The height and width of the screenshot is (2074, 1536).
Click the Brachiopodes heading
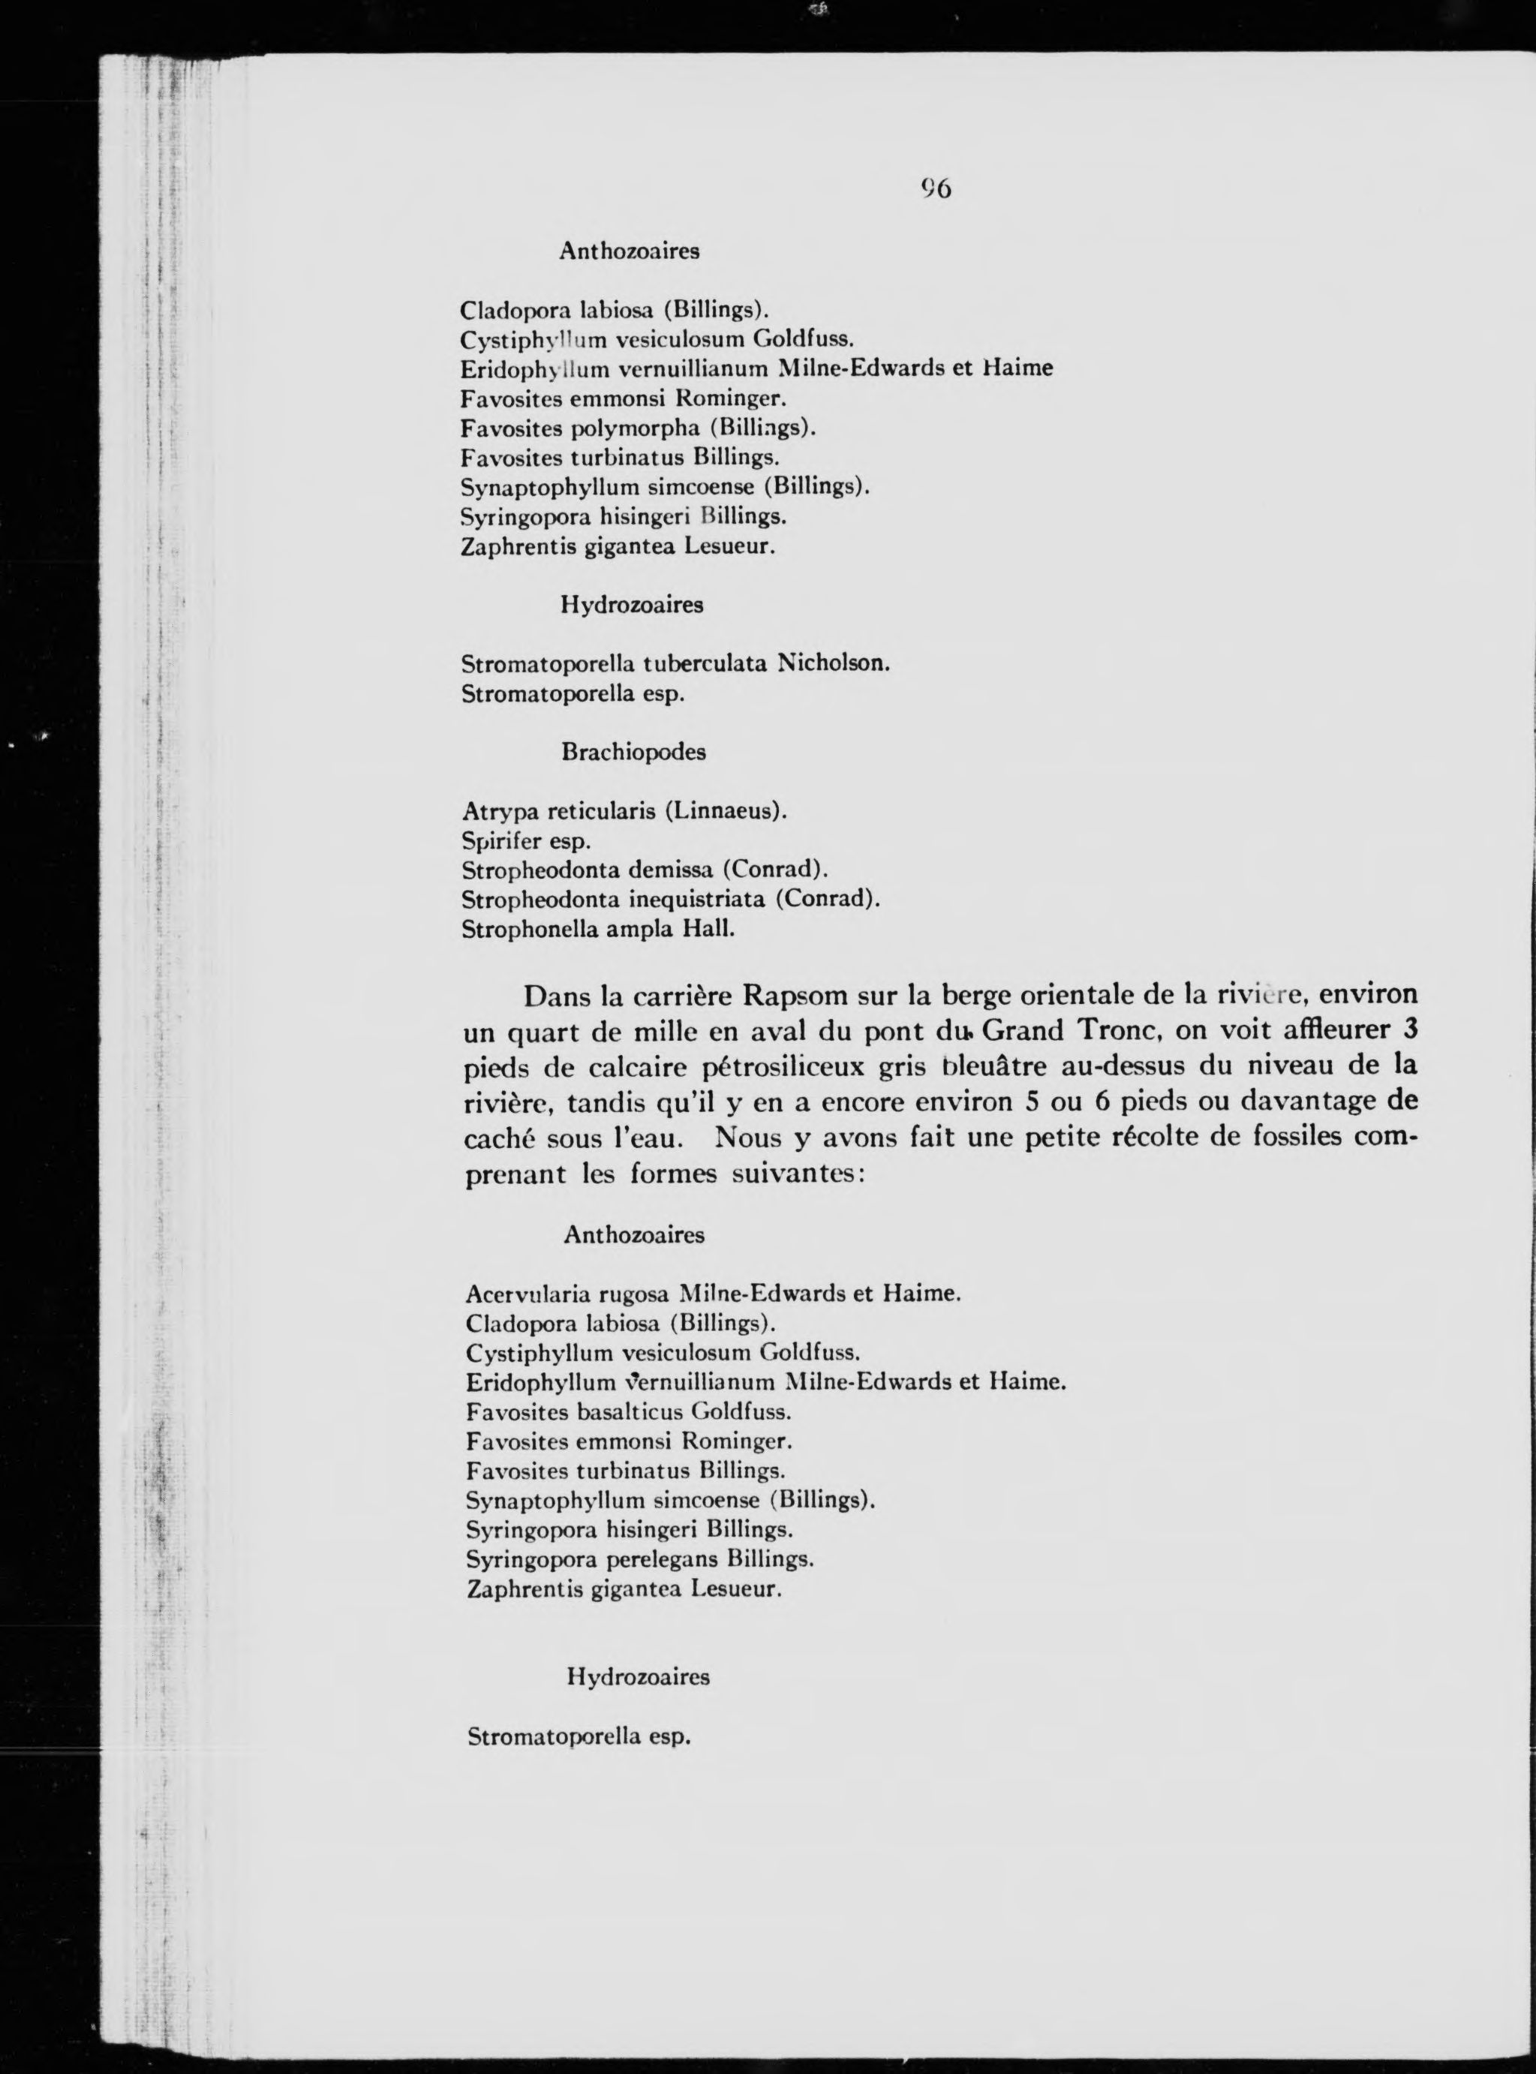click(x=633, y=752)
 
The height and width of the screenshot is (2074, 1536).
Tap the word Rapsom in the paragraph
click(x=795, y=996)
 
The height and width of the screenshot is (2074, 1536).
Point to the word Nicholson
click(x=833, y=664)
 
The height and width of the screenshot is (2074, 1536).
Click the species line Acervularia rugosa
click(x=712, y=1293)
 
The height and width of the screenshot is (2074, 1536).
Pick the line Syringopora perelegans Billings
click(x=640, y=1559)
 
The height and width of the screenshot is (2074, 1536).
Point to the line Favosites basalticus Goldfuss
click(x=629, y=1411)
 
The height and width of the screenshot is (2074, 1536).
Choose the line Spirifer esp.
click(x=526, y=841)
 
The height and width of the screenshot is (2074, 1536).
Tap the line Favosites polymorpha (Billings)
click(x=638, y=428)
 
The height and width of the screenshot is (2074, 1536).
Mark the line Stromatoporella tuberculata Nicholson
click(x=675, y=664)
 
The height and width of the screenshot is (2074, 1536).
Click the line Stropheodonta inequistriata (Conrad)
click(x=669, y=900)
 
